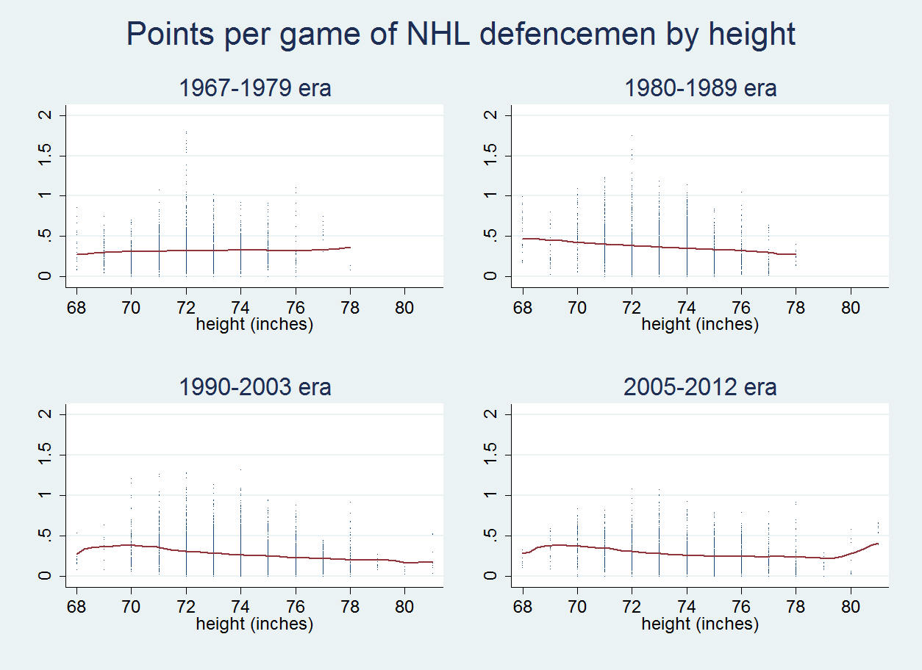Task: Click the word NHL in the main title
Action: point(438,34)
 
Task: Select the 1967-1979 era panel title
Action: point(255,87)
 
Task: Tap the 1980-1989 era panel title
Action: point(701,87)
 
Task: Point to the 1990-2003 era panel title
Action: point(255,387)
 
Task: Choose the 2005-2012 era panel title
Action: point(700,387)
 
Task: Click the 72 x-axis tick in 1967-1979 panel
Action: point(186,308)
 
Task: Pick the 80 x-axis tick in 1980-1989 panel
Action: point(851,308)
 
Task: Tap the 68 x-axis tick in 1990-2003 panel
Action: point(76,607)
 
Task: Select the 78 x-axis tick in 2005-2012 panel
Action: point(796,607)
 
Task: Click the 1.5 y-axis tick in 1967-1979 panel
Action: point(44,156)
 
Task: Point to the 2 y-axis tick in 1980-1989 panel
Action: point(490,115)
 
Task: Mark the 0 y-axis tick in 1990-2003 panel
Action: point(44,575)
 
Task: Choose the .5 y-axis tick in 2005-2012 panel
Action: point(490,536)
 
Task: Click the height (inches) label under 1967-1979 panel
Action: point(254,325)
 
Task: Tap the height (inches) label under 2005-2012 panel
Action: point(700,624)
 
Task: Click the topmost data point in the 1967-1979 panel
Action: point(186,132)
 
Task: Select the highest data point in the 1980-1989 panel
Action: point(632,135)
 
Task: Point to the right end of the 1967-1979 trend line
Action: point(350,247)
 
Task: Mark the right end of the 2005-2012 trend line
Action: point(878,544)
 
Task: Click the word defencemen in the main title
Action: point(568,34)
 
